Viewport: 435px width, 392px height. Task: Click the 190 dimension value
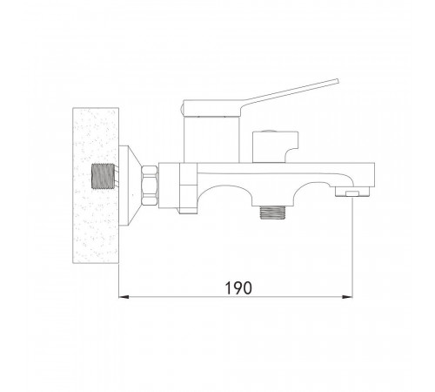tap(238, 287)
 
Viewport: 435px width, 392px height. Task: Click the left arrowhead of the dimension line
tap(124, 297)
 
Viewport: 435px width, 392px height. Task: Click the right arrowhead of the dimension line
tap(348, 297)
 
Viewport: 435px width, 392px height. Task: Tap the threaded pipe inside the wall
tap(103, 176)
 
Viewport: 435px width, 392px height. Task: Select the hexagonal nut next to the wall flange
tap(150, 186)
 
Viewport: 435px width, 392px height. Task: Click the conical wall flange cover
tap(130, 186)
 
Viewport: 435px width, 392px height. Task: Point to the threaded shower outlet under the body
tap(272, 213)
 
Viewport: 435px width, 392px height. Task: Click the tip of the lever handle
tap(338, 81)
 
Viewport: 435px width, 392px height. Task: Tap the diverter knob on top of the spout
tap(275, 147)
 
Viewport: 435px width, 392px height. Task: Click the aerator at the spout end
tap(352, 192)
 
